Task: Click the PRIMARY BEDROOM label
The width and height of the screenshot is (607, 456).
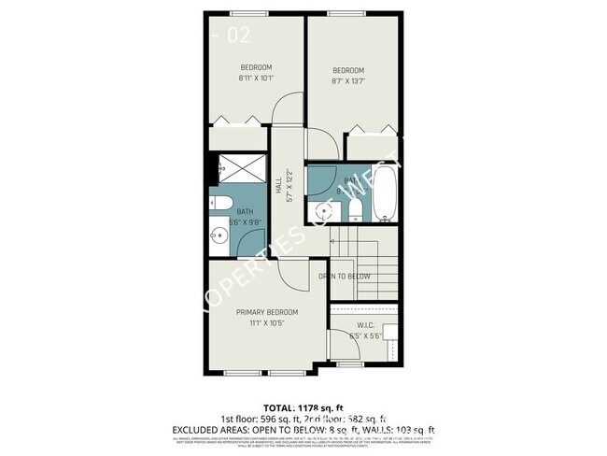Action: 266,311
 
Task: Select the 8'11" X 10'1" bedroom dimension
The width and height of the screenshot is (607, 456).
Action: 256,78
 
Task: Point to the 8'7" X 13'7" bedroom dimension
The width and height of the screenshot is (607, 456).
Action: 347,82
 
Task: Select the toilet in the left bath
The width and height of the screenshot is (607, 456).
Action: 223,204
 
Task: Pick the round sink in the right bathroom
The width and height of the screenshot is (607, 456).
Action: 326,210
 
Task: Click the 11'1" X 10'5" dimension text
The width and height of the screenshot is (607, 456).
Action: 266,322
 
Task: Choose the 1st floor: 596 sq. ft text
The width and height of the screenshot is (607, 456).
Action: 253,420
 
